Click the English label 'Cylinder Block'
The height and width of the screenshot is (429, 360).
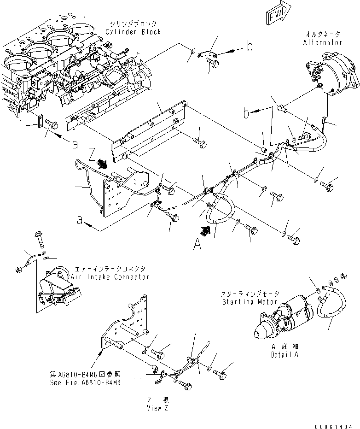click(x=133, y=32)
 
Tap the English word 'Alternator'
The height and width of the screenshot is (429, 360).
click(x=323, y=42)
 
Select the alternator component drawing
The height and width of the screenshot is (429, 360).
click(x=331, y=78)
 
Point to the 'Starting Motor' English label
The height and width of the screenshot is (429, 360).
click(x=250, y=302)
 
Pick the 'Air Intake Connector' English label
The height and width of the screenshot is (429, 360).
click(x=110, y=277)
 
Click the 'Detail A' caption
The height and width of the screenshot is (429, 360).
click(x=284, y=355)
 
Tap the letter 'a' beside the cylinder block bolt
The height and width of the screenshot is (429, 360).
click(x=74, y=144)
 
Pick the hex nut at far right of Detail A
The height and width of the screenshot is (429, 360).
click(x=343, y=276)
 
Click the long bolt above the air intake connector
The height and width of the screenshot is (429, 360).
click(x=38, y=238)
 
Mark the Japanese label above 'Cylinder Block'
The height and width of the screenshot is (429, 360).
click(x=133, y=23)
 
